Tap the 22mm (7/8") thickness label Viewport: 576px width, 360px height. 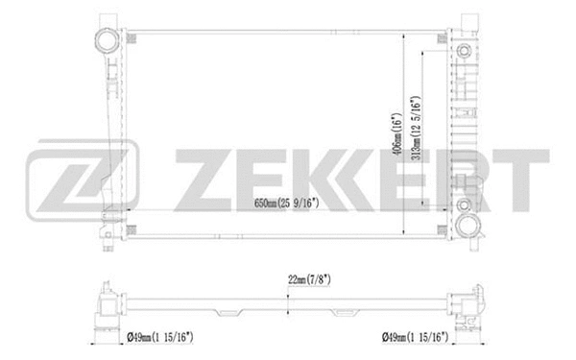click(308, 279)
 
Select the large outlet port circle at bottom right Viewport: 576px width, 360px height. click(468, 227)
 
